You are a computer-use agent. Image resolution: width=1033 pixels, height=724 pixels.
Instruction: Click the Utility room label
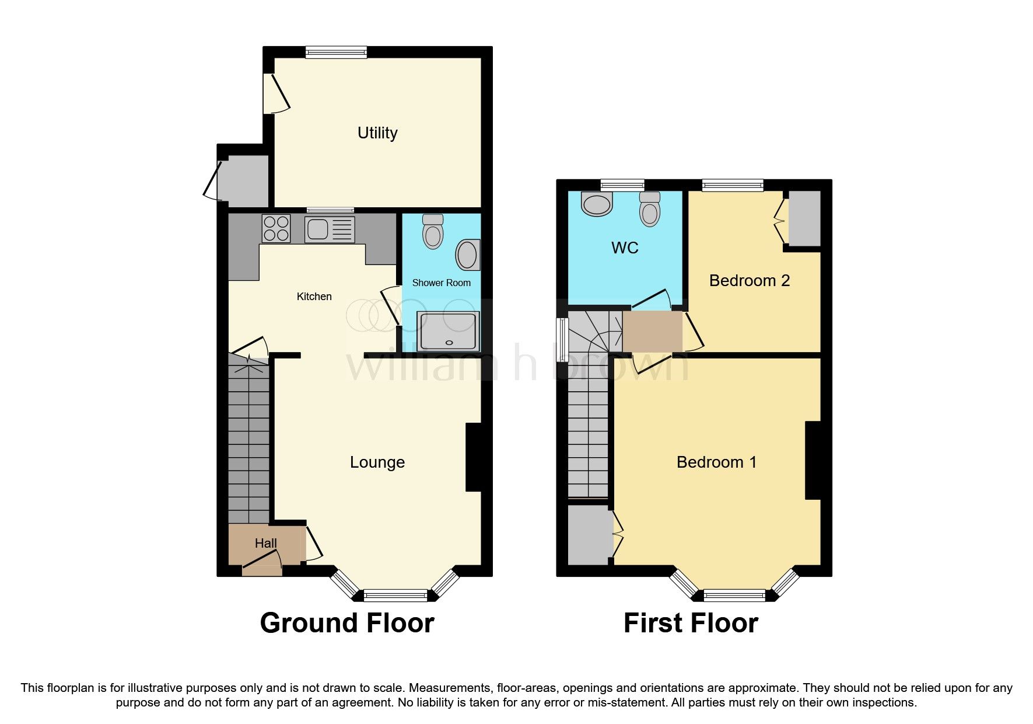[x=377, y=133]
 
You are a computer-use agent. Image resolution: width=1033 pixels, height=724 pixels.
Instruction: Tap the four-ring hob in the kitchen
[x=276, y=228]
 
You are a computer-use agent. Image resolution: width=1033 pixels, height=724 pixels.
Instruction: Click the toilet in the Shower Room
[x=433, y=232]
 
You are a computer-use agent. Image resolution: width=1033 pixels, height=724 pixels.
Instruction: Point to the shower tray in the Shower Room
[x=448, y=332]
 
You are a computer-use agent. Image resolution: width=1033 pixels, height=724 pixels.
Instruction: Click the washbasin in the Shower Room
[x=468, y=255]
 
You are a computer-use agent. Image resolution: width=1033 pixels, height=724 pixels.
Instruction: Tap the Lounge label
[x=377, y=462]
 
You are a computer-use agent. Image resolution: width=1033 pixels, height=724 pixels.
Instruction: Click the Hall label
[x=265, y=543]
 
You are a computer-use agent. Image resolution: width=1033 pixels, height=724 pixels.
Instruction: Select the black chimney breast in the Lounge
[x=472, y=457]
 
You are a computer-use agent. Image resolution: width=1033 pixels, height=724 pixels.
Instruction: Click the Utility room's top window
[x=337, y=53]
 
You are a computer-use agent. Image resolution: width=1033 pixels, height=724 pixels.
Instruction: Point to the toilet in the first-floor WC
[x=650, y=209]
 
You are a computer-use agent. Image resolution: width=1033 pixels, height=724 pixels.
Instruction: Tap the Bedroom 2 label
[x=750, y=281]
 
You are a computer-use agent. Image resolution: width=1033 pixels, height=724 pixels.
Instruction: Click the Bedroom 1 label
[x=716, y=462]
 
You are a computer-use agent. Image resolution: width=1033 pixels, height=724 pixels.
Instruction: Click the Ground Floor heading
[x=347, y=623]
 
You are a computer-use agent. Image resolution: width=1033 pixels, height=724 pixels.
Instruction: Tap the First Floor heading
[x=691, y=623]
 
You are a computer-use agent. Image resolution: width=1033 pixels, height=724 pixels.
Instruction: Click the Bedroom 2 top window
[x=733, y=186]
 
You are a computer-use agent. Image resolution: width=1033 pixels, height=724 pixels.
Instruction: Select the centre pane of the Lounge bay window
[x=395, y=596]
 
